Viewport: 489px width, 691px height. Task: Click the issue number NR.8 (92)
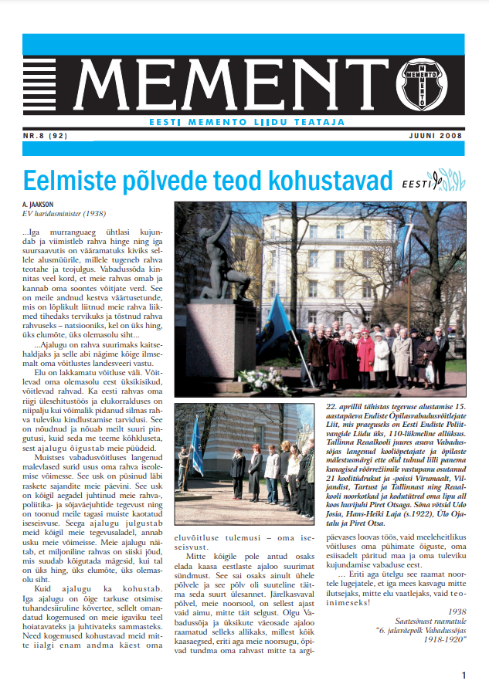(46, 135)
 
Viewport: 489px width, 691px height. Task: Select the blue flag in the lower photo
(195, 449)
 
